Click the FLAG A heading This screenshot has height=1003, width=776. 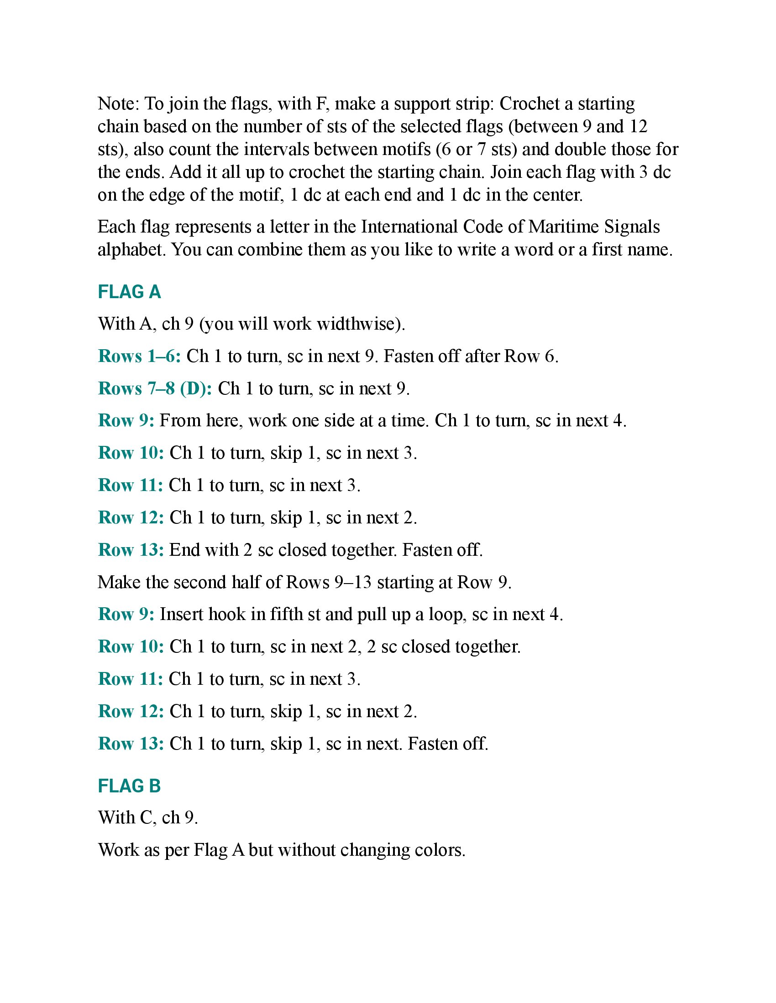[129, 292]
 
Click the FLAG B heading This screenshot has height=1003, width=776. [129, 786]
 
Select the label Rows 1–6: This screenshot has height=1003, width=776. [139, 356]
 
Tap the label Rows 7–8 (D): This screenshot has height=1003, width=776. [155, 388]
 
